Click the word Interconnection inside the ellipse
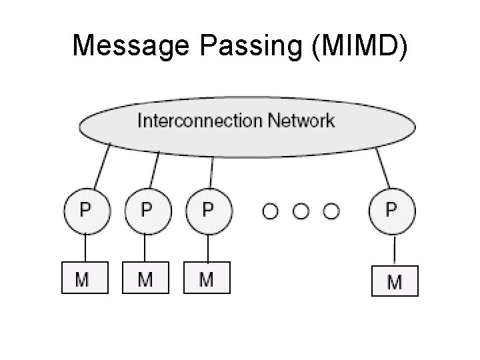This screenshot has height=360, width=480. (x=199, y=121)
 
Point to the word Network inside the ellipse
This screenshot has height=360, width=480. (x=301, y=121)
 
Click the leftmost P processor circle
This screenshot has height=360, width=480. (x=85, y=211)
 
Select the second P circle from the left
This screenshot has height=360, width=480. (x=147, y=211)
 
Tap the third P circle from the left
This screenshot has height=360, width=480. (x=208, y=211)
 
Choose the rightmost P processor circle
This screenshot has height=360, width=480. (x=392, y=211)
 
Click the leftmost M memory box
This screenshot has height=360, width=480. (x=85, y=278)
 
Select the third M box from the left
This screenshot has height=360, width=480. (x=207, y=278)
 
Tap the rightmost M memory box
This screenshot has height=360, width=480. (x=395, y=281)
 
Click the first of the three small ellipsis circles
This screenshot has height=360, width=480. (x=270, y=211)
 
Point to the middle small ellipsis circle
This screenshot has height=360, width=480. (x=301, y=211)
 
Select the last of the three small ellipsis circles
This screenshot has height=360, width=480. (x=331, y=211)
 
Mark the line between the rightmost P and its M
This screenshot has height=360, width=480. (x=394, y=250)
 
